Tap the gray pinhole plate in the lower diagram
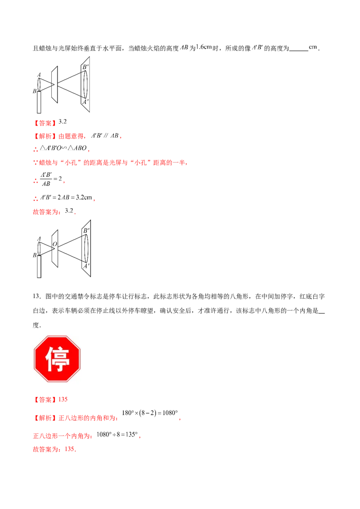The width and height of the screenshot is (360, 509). (55, 250)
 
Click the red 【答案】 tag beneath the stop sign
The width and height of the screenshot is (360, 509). (44, 399)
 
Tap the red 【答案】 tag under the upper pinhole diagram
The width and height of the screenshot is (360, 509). (44, 122)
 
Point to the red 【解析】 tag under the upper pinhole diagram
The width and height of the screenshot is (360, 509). (44, 136)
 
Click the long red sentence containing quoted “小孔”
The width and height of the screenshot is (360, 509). (110, 162)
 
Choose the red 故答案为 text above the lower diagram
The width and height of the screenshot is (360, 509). (46, 212)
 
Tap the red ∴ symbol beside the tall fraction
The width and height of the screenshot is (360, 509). (35, 181)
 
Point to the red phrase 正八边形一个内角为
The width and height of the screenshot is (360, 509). (63, 436)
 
